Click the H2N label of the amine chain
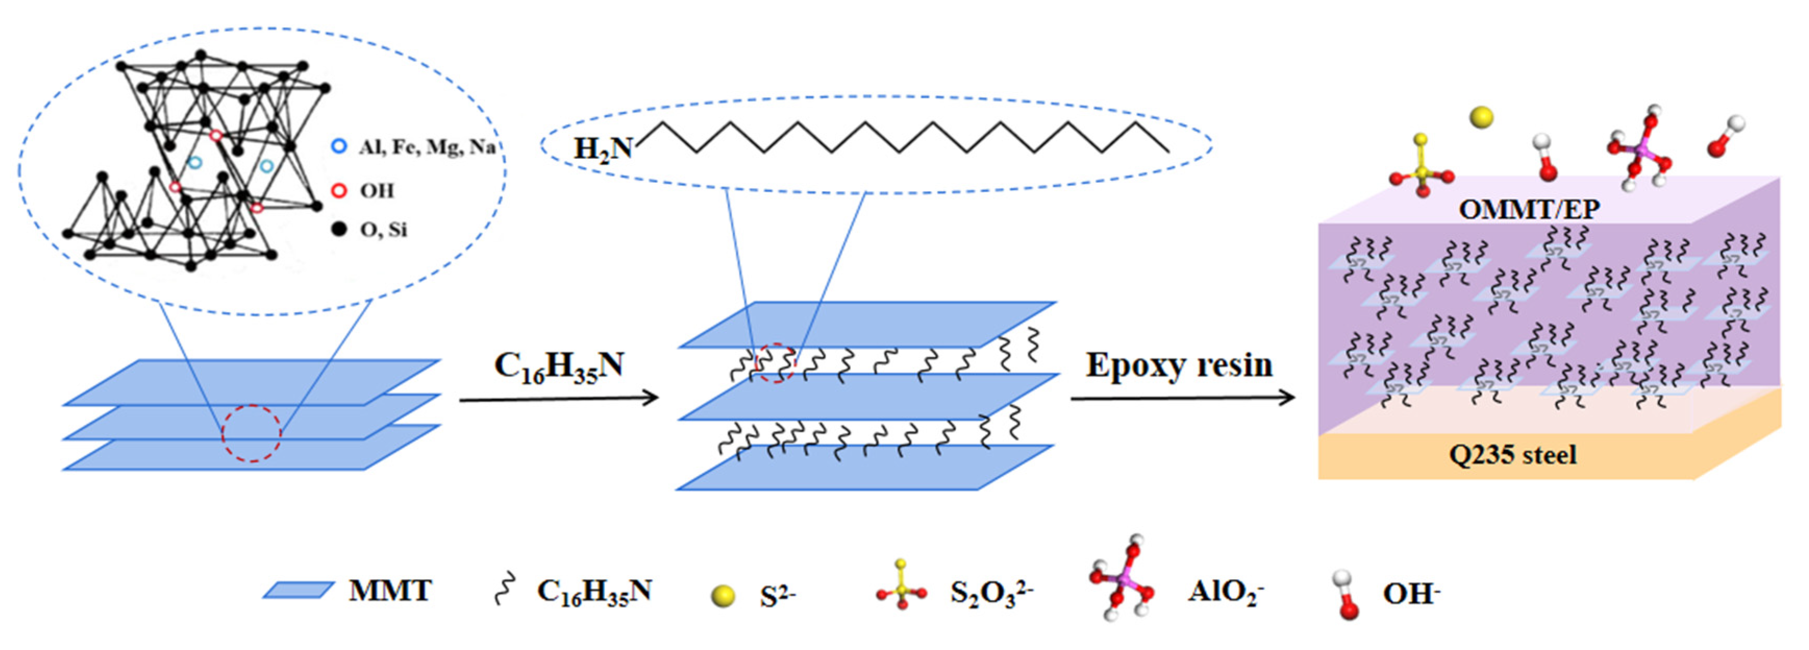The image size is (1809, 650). (602, 149)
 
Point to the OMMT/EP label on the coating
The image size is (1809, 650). (1529, 209)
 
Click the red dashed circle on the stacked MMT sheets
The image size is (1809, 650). (252, 433)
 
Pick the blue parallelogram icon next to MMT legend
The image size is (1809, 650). (298, 590)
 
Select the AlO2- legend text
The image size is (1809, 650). (1225, 592)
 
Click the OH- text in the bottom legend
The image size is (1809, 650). (1411, 594)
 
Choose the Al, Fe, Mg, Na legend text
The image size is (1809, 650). (426, 147)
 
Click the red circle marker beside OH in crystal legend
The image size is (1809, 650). (339, 191)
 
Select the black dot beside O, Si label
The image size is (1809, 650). (339, 229)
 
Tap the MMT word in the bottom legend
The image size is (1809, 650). (391, 590)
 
